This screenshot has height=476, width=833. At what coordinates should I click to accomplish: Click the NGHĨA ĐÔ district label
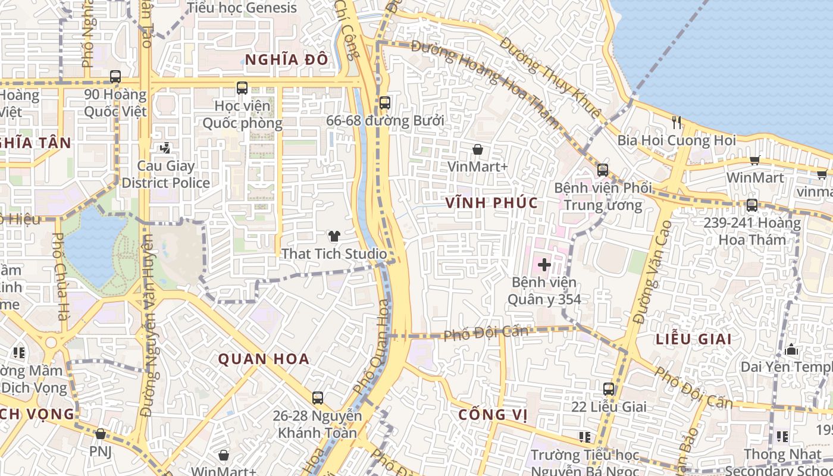click(286, 59)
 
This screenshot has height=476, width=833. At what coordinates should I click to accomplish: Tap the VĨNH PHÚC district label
click(491, 203)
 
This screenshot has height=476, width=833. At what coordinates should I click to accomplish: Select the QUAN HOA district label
click(264, 359)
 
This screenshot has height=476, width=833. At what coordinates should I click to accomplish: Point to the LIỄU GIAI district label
click(693, 339)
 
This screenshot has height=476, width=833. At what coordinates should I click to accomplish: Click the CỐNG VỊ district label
click(493, 415)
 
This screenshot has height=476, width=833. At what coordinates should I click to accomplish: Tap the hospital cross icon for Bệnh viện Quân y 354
click(544, 264)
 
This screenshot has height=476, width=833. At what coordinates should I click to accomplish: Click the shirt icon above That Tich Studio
click(334, 236)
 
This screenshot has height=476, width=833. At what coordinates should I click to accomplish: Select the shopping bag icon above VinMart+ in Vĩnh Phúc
click(477, 149)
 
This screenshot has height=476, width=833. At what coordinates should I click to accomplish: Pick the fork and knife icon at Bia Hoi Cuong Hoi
click(677, 123)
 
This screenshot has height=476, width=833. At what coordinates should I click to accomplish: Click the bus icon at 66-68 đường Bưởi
click(385, 103)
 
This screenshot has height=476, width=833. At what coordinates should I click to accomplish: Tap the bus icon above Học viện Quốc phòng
click(242, 88)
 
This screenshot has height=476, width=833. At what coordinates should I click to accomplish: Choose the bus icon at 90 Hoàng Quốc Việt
click(115, 77)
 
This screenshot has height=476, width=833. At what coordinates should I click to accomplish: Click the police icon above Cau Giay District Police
click(165, 148)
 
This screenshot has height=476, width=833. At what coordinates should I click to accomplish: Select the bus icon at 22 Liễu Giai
click(608, 389)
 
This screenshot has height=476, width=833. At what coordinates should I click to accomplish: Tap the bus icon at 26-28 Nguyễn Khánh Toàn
click(318, 397)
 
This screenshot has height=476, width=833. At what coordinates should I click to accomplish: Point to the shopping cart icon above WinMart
click(755, 159)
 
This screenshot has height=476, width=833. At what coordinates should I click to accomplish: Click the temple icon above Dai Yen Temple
click(791, 350)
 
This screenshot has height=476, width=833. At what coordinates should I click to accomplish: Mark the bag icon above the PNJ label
click(101, 434)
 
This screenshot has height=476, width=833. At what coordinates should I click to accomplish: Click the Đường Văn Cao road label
click(653, 272)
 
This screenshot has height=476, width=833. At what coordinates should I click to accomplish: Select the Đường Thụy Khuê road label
click(550, 77)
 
